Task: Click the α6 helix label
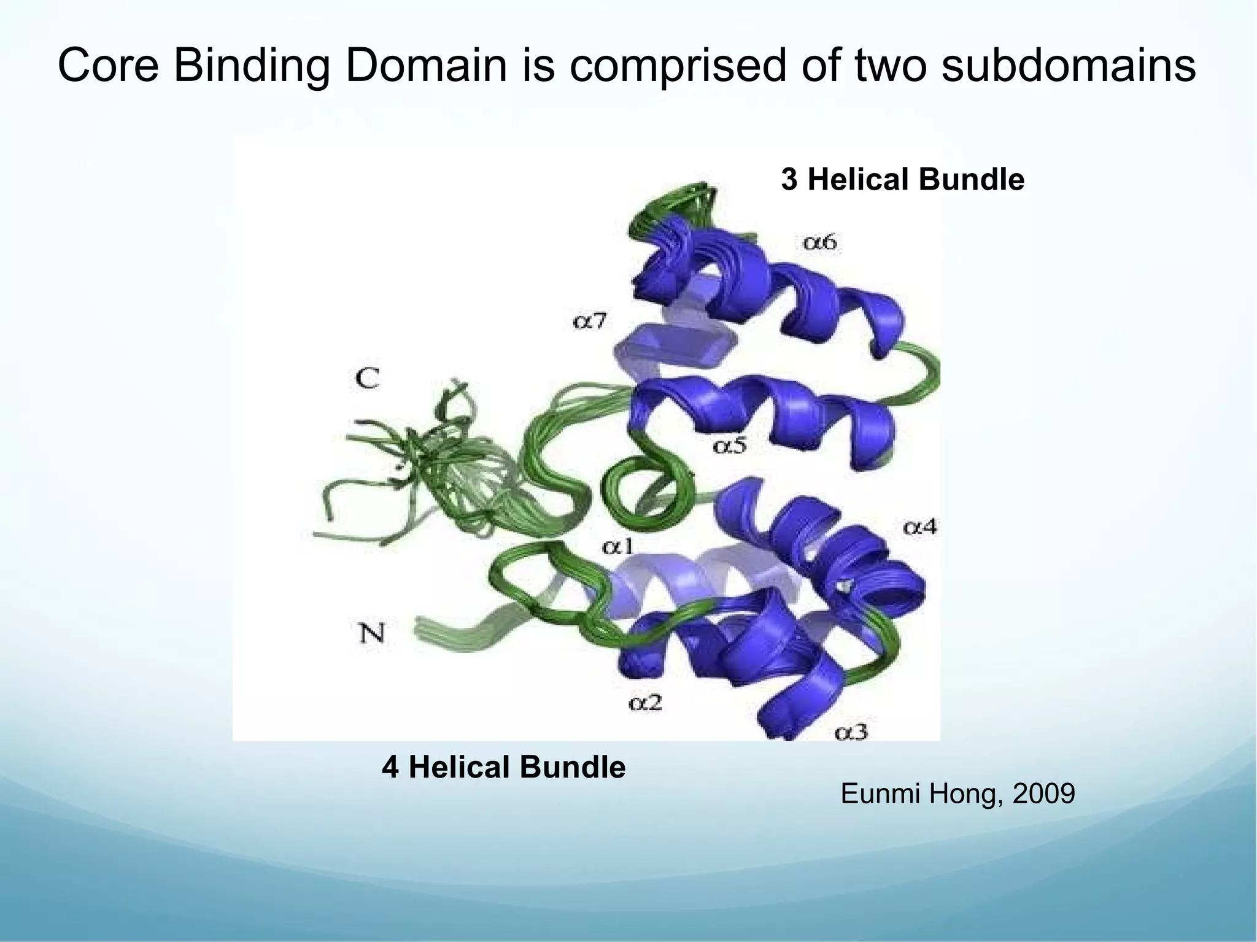[x=819, y=243]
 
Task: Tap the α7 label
[x=590, y=320]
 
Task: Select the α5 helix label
[x=729, y=445]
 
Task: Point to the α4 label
[x=919, y=527]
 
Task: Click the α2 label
[x=645, y=702]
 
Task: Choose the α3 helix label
[x=851, y=732]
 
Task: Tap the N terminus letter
[x=371, y=632]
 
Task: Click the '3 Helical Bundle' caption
[x=902, y=180]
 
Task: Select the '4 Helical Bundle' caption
[x=503, y=767]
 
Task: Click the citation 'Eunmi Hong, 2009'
[x=957, y=794]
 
